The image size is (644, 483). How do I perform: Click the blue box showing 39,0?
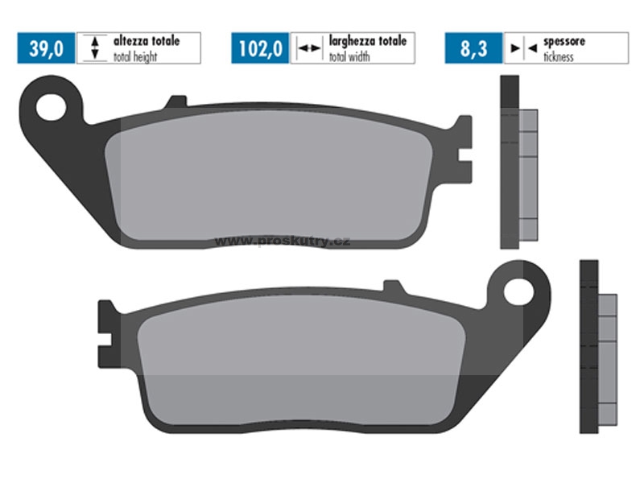pyautogui.click(x=46, y=48)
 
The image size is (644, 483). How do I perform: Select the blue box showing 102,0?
pyautogui.click(x=260, y=48)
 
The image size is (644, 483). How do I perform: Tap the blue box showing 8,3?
pyautogui.click(x=473, y=48)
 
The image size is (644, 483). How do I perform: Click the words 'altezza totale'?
pyautogui.click(x=147, y=41)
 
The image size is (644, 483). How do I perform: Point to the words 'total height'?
pyautogui.click(x=135, y=56)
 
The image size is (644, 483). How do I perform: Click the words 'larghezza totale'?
pyautogui.click(x=368, y=41)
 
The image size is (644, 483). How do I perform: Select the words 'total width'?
pyautogui.click(x=349, y=56)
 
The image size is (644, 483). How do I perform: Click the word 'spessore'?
pyautogui.click(x=564, y=42)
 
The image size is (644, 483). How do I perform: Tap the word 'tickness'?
pyautogui.click(x=559, y=57)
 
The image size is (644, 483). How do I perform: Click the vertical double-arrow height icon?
pyautogui.click(x=95, y=48)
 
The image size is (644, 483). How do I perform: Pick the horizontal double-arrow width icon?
pyautogui.click(x=309, y=48)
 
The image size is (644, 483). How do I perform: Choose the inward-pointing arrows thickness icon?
pyautogui.click(x=524, y=48)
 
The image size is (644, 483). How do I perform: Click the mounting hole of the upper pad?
pyautogui.click(x=51, y=107)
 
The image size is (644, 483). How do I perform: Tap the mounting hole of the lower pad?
pyautogui.click(x=518, y=292)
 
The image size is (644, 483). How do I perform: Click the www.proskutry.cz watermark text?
pyautogui.click(x=283, y=241)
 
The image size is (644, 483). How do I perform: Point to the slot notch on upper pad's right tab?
pyautogui.click(x=464, y=155)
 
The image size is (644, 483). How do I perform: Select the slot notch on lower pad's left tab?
pyautogui.click(x=105, y=340)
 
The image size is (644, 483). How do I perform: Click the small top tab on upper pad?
pyautogui.click(x=176, y=101)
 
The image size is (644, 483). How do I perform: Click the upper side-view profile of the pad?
pyautogui.click(x=518, y=162)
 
